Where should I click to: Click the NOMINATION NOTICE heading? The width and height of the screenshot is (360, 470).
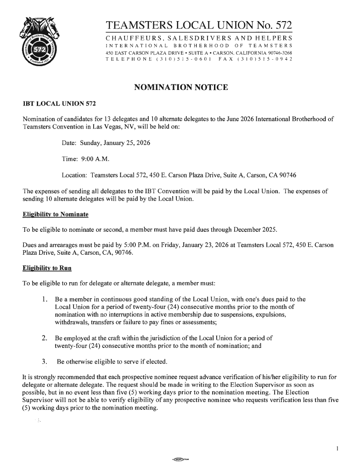point(180,87)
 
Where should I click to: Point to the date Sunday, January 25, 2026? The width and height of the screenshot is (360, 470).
point(115,143)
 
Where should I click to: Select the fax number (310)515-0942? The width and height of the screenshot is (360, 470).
point(262,60)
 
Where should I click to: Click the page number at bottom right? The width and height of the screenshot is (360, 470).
point(337,448)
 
